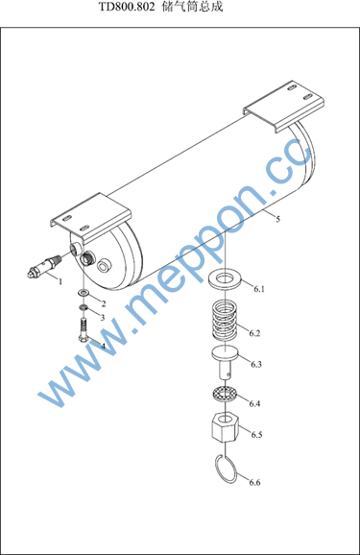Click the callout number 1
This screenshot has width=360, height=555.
tap(60, 281)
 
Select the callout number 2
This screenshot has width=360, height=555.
tap(104, 303)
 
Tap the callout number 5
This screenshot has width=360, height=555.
tap(277, 219)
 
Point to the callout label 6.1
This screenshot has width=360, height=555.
tap(259, 289)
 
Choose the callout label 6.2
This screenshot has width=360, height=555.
tap(254, 333)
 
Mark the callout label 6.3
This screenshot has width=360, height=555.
tap(256, 364)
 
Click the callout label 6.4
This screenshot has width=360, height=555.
tap(254, 403)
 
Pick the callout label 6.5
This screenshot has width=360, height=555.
tap(256, 434)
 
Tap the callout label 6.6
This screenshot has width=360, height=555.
tap(254, 482)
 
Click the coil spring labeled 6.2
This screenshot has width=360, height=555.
tap(225, 321)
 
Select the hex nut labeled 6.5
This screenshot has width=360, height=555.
tap(226, 427)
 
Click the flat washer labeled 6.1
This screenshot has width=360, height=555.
tap(226, 278)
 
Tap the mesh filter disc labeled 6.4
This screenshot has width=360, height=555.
tap(225, 394)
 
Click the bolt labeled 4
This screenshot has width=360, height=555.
tap(84, 330)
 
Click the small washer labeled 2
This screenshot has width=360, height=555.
tap(84, 293)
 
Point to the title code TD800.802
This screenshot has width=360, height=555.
tap(127, 7)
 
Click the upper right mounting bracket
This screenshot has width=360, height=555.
tap(283, 106)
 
